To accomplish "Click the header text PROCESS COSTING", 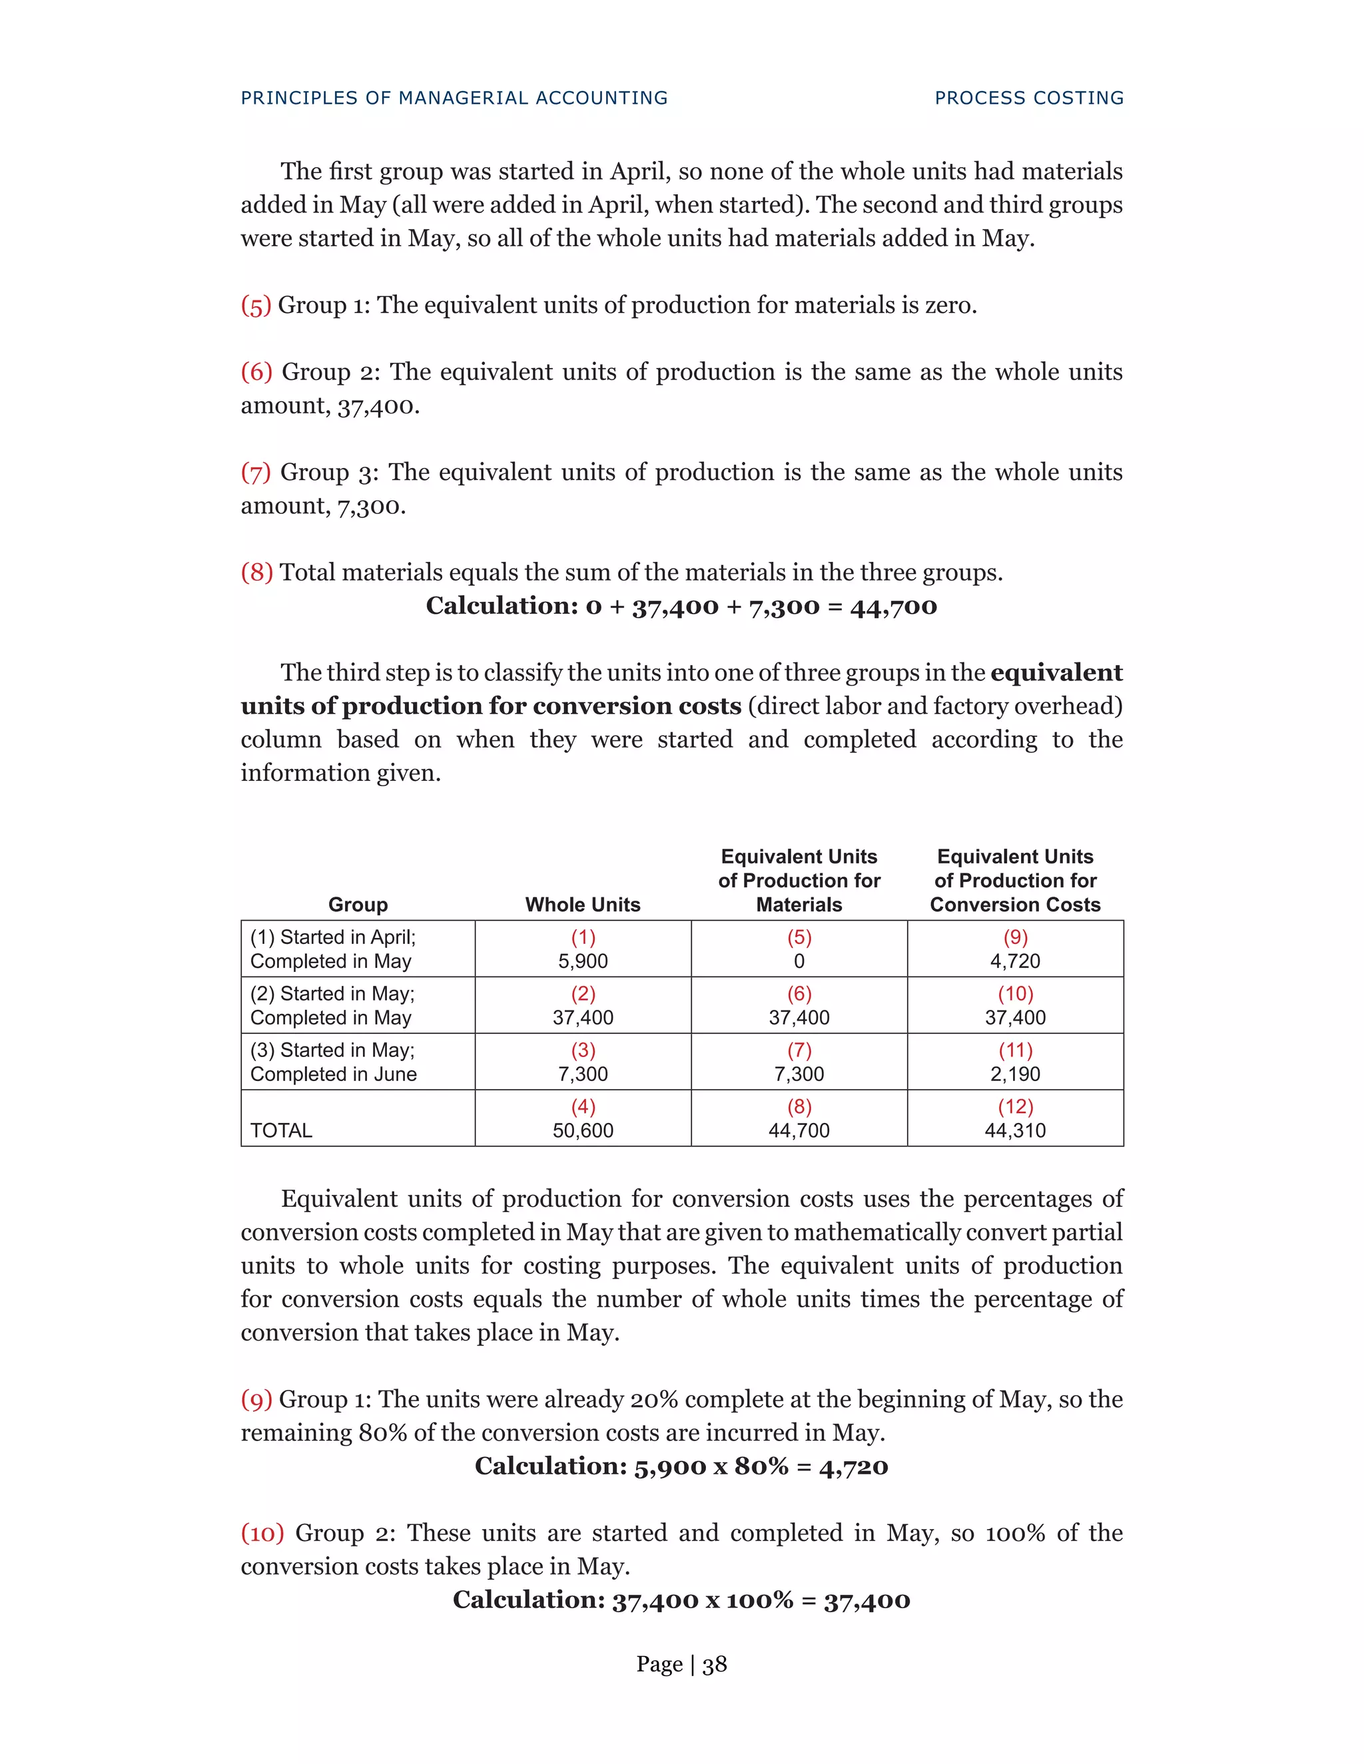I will [x=1028, y=98].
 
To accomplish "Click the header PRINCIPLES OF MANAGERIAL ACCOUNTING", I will [x=454, y=98].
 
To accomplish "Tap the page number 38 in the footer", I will [x=715, y=1664].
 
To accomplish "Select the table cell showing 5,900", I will [x=583, y=961].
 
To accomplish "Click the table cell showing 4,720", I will [x=1015, y=961].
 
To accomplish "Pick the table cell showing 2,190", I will [x=1015, y=1074].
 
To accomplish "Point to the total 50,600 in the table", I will [x=583, y=1131].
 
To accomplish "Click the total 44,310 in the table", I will [x=1015, y=1131].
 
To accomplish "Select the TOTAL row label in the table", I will [x=281, y=1131].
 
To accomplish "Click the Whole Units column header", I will [x=583, y=905].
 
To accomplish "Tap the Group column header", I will [x=358, y=905].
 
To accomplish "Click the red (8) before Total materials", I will [x=256, y=572].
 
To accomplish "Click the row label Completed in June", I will [x=333, y=1074].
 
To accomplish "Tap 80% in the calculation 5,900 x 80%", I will [x=761, y=1466].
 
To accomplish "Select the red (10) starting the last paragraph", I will [x=262, y=1533].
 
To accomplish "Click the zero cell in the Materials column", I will [x=799, y=961].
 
